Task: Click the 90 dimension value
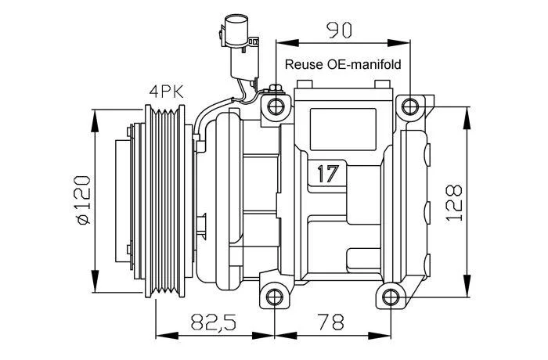pyautogui.click(x=339, y=30)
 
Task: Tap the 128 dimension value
pyautogui.click(x=454, y=203)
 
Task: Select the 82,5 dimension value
pyautogui.click(x=214, y=322)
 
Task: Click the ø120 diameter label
pyautogui.click(x=84, y=200)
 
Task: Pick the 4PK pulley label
pyautogui.click(x=166, y=92)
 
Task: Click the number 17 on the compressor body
pyautogui.click(x=328, y=174)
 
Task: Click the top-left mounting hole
pyautogui.click(x=276, y=106)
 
